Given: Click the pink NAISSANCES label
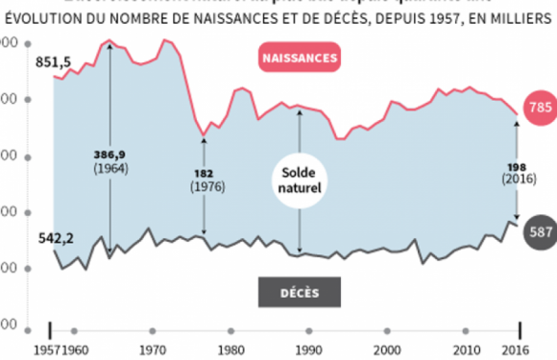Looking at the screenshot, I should point(300,58).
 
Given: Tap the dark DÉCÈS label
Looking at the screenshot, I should point(300,291).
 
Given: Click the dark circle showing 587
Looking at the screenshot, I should point(539,230).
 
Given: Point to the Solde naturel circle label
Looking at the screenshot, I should point(301,179).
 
